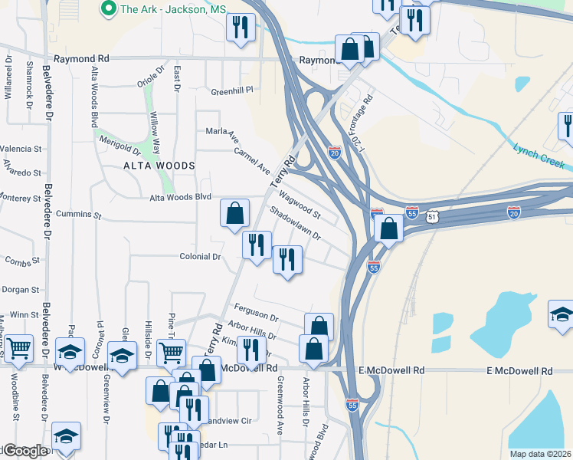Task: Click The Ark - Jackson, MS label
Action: [x=160, y=8]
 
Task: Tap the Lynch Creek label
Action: [x=539, y=156]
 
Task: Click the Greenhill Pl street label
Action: [x=231, y=90]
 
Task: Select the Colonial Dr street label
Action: [x=200, y=257]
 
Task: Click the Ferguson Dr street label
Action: [x=256, y=311]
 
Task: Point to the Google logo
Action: [x=24, y=451]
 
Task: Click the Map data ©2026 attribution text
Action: [x=540, y=454]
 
